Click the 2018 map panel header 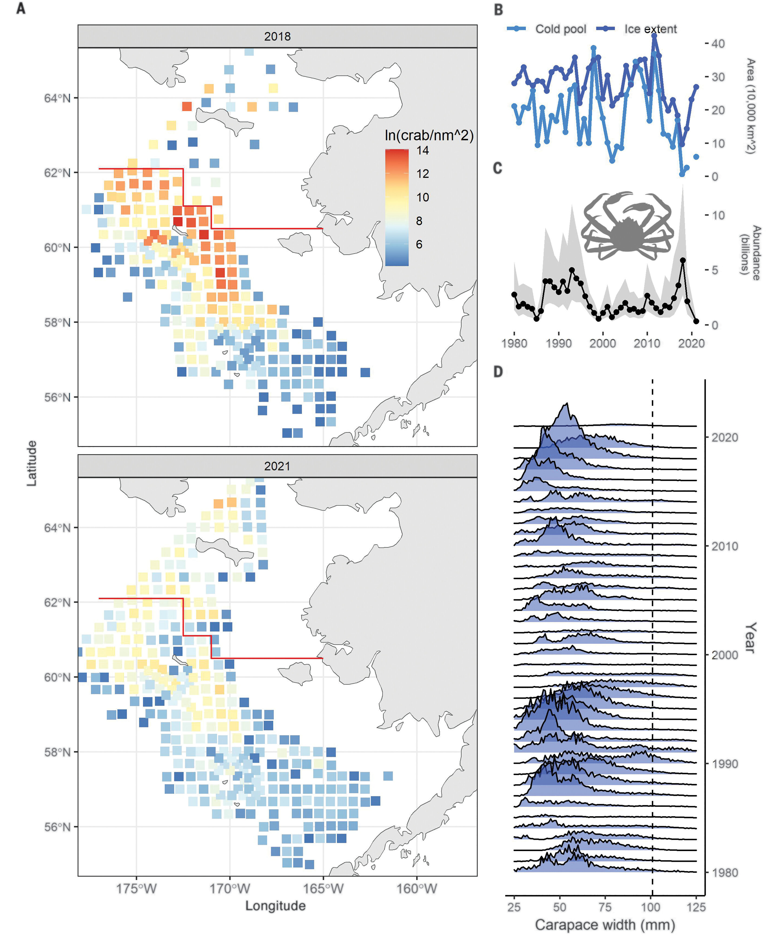point(277,36)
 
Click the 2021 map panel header point(277,466)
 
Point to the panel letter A point(21,8)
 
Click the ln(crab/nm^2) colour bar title point(429,135)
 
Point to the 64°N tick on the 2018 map point(57,98)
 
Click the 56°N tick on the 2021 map point(57,827)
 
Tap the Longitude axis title point(275,905)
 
